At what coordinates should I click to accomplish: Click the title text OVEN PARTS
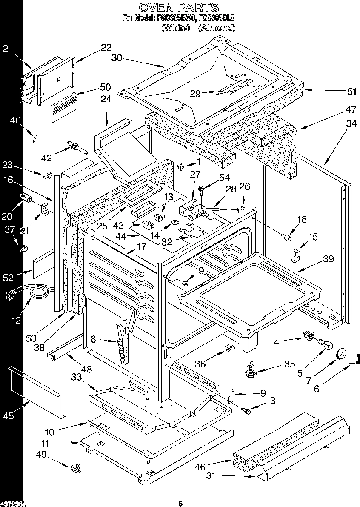coord(179,7)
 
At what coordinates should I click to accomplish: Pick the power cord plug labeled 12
coord(10,295)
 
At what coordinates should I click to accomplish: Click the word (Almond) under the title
coord(217,28)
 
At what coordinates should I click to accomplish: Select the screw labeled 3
coord(246,410)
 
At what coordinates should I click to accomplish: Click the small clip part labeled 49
coord(76,468)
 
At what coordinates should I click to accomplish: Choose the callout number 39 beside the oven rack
coord(328,259)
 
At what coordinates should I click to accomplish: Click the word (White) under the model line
coord(175,28)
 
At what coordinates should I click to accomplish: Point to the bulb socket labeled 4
coord(308,337)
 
